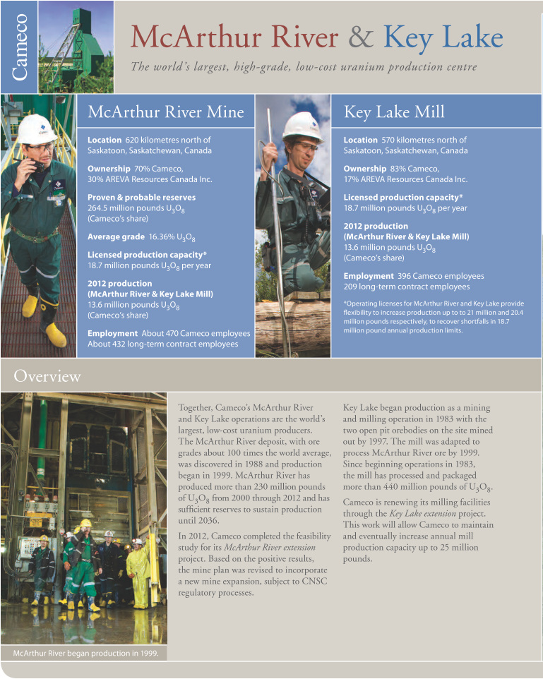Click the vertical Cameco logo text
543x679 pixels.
point(20,47)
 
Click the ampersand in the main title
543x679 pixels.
point(362,37)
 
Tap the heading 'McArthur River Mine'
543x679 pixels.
point(166,112)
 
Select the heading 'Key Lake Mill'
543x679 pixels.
point(394,112)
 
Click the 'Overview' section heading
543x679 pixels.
point(47,376)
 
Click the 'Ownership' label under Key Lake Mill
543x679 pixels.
point(365,169)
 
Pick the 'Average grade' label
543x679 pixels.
point(116,237)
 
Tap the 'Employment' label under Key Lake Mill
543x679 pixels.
point(369,276)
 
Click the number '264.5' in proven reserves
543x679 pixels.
point(98,208)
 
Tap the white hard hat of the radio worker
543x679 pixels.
point(37,128)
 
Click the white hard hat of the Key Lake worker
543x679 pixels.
point(302,126)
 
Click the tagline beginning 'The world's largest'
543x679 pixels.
point(304,67)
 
